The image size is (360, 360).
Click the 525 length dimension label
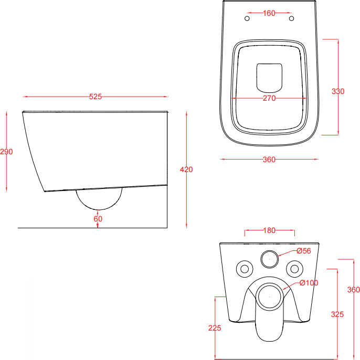point(96,97)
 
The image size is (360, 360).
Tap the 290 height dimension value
point(6,152)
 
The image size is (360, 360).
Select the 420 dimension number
point(186,170)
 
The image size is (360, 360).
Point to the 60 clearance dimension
point(98,219)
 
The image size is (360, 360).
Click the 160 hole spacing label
point(269,13)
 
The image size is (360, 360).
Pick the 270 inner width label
point(269,98)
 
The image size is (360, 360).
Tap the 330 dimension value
point(338,91)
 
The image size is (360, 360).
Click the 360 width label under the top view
point(269,160)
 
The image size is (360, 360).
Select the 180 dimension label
point(269,230)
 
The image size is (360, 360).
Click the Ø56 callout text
point(303,251)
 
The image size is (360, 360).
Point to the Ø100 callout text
point(309,283)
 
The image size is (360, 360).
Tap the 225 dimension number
point(215,328)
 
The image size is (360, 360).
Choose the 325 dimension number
point(337,314)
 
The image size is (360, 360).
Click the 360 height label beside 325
point(354,290)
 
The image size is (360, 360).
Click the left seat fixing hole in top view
point(247,18)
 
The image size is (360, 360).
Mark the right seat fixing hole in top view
point(291,18)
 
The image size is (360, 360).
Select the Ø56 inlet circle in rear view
point(270,259)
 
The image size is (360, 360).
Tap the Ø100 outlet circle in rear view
point(270,297)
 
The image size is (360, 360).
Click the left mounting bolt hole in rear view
point(245,269)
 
